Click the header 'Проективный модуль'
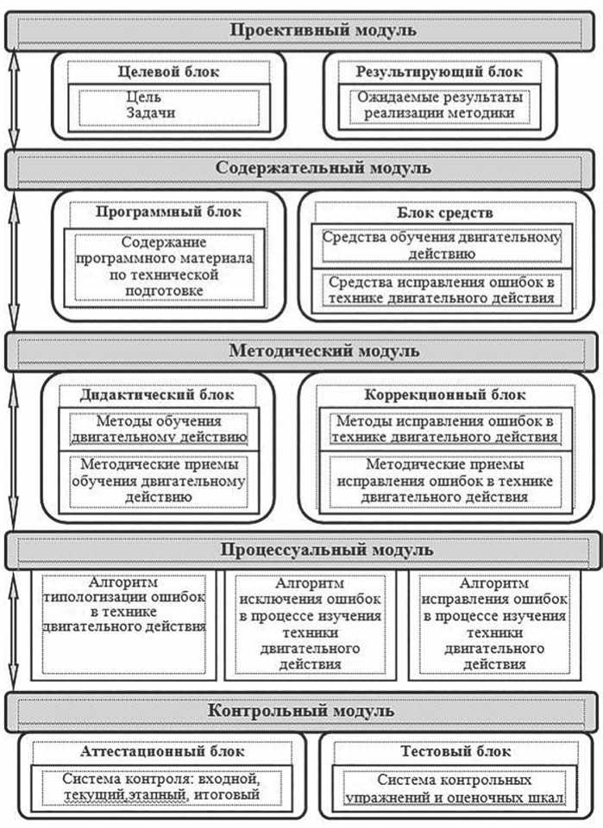click(323, 30)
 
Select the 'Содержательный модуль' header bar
click(323, 168)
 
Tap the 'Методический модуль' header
click(323, 351)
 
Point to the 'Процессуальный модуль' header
click(323, 549)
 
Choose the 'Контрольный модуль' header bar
click(323, 711)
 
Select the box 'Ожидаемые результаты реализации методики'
click(439, 105)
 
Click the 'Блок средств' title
click(439, 212)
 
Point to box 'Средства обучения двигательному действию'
click(439, 245)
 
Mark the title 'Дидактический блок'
click(157, 395)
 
